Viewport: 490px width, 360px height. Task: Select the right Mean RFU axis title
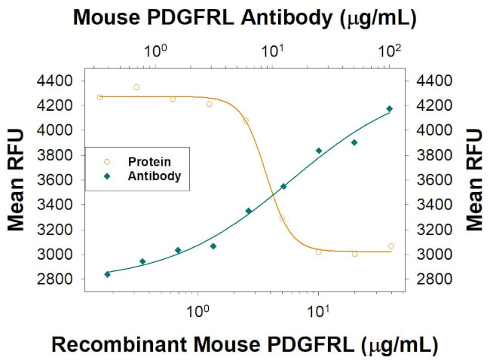click(x=474, y=179)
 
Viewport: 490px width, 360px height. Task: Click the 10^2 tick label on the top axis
click(x=390, y=51)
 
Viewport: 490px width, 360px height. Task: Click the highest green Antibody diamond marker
click(x=390, y=109)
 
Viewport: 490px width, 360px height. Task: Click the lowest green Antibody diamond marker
click(x=107, y=274)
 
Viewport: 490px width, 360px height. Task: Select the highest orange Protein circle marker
click(x=136, y=87)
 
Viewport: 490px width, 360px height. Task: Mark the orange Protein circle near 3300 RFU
click(x=282, y=218)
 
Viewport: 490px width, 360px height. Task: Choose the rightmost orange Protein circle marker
click(x=390, y=246)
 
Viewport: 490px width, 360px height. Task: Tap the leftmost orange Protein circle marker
click(x=100, y=97)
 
